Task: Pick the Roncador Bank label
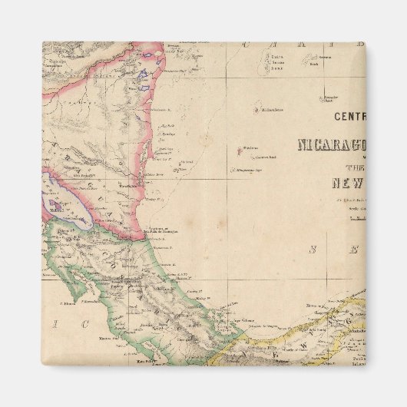point(330,98)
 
